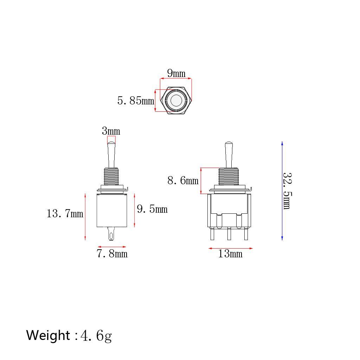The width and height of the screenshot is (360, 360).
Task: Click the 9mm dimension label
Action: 176,73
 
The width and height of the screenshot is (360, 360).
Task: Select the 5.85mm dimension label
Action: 136,101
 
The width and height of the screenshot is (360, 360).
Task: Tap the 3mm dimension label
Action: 111,131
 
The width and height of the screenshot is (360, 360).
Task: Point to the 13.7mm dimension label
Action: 65,213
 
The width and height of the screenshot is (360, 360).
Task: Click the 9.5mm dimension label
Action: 152,209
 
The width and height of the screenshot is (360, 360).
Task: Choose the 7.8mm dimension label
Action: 112,253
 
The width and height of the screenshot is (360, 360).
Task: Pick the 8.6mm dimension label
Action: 183,181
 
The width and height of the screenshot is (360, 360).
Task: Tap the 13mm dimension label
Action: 230,254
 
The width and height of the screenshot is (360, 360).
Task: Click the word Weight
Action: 48,335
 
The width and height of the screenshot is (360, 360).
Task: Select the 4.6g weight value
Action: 96,336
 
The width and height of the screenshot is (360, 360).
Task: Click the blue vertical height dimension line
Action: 282,191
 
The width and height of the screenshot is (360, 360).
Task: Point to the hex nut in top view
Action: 176,101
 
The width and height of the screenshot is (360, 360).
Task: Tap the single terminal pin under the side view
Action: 111,233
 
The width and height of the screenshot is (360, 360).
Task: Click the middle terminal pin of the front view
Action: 229,233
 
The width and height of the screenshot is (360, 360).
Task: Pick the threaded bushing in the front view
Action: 229,176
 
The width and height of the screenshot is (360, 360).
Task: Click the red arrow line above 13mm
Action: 230,248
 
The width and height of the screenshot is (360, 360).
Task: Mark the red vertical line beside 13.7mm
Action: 85,217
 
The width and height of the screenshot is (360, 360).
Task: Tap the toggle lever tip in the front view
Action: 229,144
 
